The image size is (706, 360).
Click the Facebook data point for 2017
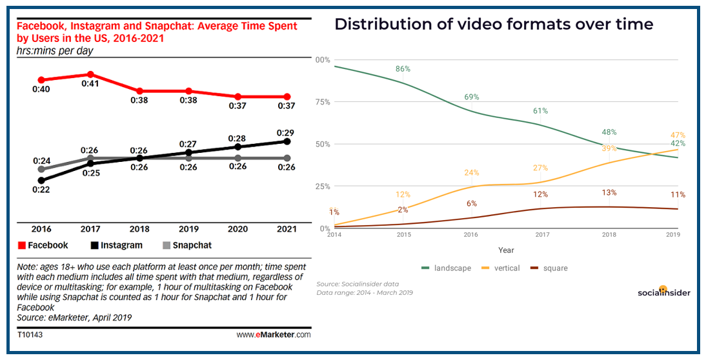click(x=91, y=74)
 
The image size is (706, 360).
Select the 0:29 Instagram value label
click(x=286, y=132)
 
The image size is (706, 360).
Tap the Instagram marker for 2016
click(x=42, y=181)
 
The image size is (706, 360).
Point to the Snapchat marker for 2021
click(x=287, y=158)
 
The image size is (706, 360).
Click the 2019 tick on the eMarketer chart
click(x=188, y=229)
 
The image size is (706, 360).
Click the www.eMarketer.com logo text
click(x=274, y=335)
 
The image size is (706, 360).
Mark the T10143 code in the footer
click(x=30, y=335)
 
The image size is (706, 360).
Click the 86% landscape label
click(x=403, y=68)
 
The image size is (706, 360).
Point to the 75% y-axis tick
click(x=322, y=102)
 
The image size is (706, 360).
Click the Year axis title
click(x=506, y=250)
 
